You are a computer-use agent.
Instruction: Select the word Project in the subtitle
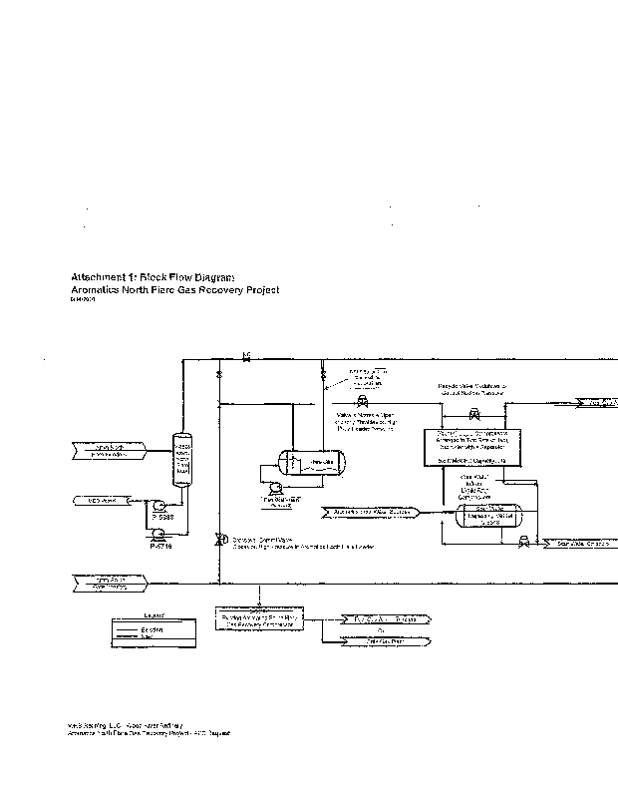pos(255,289)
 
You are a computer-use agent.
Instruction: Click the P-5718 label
pos(160,546)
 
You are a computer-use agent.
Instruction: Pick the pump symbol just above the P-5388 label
pos(158,506)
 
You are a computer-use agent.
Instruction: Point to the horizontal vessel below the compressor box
pos(488,517)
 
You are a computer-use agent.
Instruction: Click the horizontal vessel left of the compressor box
pos(312,462)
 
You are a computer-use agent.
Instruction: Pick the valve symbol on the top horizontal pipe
pos(246,356)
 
